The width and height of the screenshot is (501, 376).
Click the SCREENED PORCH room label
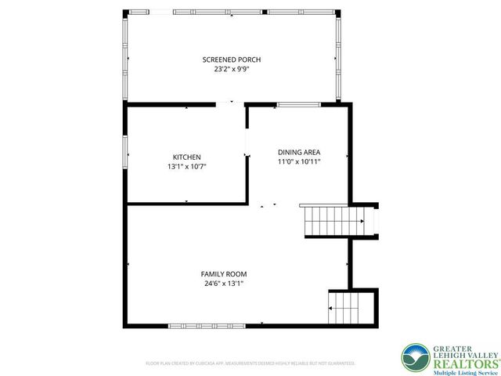click(x=232, y=60)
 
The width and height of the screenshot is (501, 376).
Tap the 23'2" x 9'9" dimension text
click(x=232, y=69)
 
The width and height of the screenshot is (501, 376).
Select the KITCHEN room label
click(x=187, y=157)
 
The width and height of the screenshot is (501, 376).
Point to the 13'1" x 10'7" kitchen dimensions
click(x=187, y=166)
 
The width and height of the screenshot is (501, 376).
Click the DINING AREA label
click(x=299, y=152)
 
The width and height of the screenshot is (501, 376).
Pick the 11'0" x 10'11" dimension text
click(x=299, y=161)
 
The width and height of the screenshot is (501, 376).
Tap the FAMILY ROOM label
click(x=224, y=274)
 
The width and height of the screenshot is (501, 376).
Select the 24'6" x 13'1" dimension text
click(x=224, y=284)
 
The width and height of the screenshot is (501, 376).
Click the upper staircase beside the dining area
click(x=333, y=220)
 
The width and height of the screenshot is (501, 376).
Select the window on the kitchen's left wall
click(x=125, y=150)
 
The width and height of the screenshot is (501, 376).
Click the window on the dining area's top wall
click(x=298, y=104)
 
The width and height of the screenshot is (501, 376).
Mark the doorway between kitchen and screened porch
click(x=230, y=103)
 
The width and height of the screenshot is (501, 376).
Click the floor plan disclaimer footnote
click(x=250, y=363)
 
